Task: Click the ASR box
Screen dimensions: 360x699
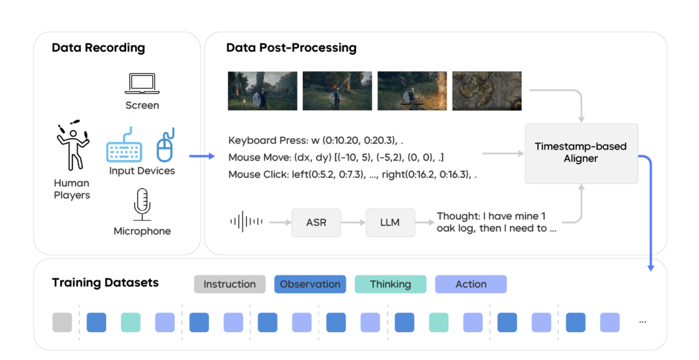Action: pyautogui.click(x=316, y=222)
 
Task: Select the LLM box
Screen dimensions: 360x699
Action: pyautogui.click(x=390, y=222)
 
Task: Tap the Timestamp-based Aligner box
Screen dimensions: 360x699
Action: pyautogui.click(x=581, y=153)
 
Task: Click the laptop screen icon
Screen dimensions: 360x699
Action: pyautogui.click(x=142, y=84)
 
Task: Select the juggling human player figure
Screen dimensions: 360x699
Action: pyautogui.click(x=72, y=147)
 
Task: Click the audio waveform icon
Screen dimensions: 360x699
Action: pyautogui.click(x=246, y=222)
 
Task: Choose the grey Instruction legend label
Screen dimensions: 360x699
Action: pyautogui.click(x=229, y=284)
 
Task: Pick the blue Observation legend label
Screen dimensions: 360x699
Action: pyautogui.click(x=310, y=284)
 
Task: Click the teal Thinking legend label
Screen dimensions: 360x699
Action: pyautogui.click(x=390, y=284)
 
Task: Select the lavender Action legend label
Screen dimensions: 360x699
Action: pyautogui.click(x=471, y=284)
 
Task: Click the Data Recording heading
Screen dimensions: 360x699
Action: pyautogui.click(x=98, y=48)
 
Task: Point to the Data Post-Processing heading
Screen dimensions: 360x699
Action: pyautogui.click(x=291, y=48)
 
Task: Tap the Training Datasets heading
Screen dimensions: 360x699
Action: pyautogui.click(x=105, y=283)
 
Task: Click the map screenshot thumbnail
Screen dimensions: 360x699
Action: pyautogui.click(x=487, y=91)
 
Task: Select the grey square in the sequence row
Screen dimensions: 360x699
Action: pyautogui.click(x=62, y=322)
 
